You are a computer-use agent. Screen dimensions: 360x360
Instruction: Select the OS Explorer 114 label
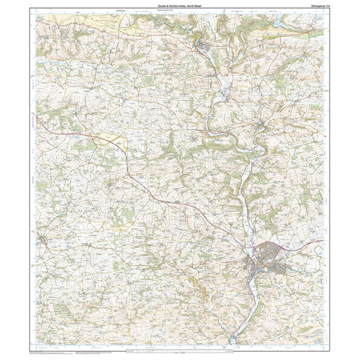(315, 6)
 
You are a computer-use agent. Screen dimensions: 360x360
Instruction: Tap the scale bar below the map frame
(180, 353)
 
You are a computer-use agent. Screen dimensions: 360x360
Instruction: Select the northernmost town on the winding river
(205, 46)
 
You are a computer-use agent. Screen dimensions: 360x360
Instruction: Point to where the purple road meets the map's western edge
(37, 119)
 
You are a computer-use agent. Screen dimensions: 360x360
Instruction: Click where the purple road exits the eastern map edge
(323, 240)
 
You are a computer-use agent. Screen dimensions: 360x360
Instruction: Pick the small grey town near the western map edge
(45, 240)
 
